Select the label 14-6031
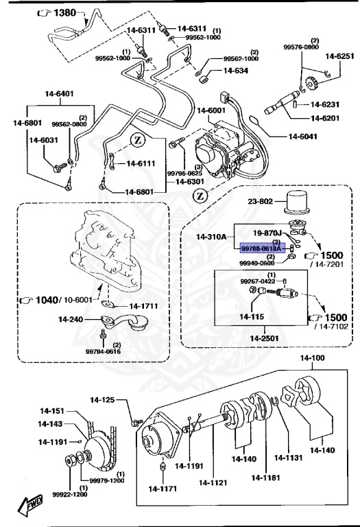43,140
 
